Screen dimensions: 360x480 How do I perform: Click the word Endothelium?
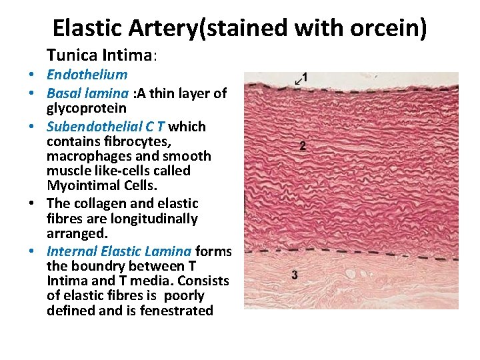tap(87, 75)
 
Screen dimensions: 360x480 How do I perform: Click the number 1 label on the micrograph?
tap(305, 77)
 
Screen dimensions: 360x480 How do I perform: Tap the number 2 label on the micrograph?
tap(303, 146)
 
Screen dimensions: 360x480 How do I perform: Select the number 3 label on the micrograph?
tap(295, 275)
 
